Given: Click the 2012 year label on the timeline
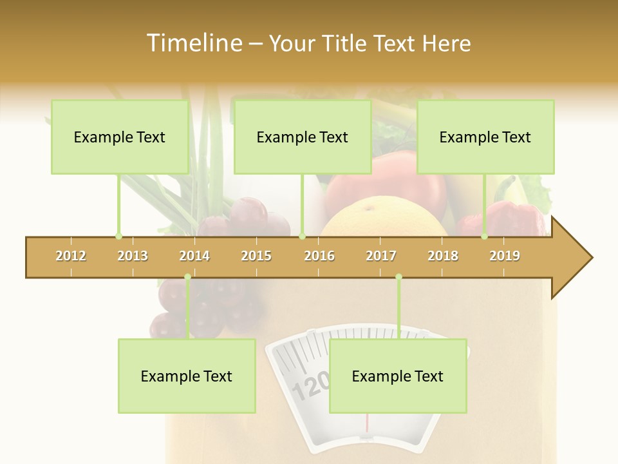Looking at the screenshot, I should click(x=71, y=256).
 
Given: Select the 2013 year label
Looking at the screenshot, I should click(x=133, y=256).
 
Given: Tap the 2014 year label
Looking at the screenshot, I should click(x=194, y=256).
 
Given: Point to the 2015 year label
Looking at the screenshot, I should click(x=256, y=256).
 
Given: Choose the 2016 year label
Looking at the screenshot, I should click(x=319, y=256).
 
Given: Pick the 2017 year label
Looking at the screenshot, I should click(x=381, y=256).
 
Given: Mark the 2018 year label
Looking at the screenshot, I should click(x=443, y=256).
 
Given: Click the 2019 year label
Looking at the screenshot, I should click(x=505, y=256).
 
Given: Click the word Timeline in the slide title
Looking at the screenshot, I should click(x=192, y=43).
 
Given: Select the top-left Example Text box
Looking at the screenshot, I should click(x=120, y=137).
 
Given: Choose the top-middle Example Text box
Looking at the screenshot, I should click(x=303, y=137).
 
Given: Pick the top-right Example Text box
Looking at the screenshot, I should click(x=485, y=137).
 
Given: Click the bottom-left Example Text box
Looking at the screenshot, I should click(x=187, y=376).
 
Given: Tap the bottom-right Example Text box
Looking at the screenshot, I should click(x=398, y=376).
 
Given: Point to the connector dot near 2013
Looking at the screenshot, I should click(x=118, y=236).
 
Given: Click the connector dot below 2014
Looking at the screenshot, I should click(x=187, y=277).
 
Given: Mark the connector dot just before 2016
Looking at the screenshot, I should click(x=302, y=236).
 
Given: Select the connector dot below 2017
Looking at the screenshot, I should click(x=398, y=277).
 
